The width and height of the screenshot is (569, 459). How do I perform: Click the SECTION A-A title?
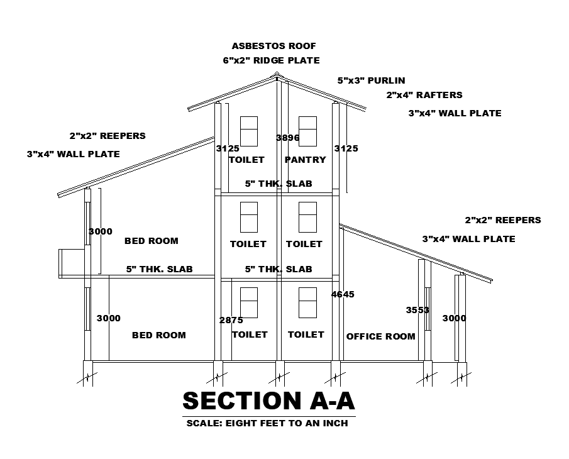(x=268, y=401)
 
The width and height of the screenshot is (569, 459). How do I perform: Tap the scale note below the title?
(x=267, y=423)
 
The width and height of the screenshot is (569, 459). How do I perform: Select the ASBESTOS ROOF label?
(x=273, y=46)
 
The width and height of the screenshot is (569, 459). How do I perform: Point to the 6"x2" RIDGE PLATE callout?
(x=271, y=60)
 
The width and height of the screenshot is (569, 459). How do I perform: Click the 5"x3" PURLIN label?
(x=371, y=80)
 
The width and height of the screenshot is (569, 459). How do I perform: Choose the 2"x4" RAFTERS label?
(x=424, y=95)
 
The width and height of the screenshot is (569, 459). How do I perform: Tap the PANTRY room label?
(x=306, y=160)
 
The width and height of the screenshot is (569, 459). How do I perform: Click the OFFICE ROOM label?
(x=380, y=336)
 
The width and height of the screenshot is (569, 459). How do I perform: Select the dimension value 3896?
(x=287, y=138)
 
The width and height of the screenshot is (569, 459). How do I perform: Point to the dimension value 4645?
(x=343, y=294)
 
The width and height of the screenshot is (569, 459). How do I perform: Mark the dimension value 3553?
(x=417, y=310)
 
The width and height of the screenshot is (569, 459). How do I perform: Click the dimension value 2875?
(x=231, y=320)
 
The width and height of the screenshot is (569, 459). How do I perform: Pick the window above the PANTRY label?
(x=307, y=131)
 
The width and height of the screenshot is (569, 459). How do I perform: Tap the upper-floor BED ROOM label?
(x=151, y=241)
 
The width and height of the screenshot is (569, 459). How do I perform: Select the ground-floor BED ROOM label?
(x=158, y=335)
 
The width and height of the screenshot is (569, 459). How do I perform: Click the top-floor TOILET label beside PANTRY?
(x=246, y=160)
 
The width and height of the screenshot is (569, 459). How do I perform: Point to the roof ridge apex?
(x=276, y=75)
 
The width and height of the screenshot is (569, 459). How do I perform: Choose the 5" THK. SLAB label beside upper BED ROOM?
(x=159, y=269)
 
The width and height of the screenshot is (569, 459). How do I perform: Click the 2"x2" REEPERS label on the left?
(x=108, y=136)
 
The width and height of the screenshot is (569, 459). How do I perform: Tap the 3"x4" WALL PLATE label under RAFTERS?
(x=455, y=114)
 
